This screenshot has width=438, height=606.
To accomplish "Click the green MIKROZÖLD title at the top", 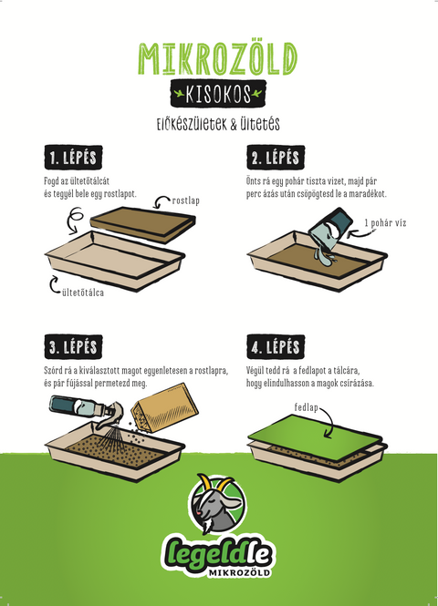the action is click(x=218, y=58).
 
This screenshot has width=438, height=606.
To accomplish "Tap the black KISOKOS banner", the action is click(x=218, y=94).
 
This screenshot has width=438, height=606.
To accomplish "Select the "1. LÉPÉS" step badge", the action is click(x=73, y=158).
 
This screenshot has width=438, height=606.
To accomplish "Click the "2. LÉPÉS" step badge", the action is click(x=276, y=158).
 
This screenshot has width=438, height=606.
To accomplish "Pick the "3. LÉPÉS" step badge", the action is click(x=73, y=346).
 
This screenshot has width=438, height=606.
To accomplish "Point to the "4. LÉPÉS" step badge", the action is click(x=276, y=346).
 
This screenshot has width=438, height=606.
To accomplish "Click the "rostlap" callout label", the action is click(x=186, y=201).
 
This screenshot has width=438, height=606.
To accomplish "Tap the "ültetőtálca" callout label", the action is click(x=83, y=293).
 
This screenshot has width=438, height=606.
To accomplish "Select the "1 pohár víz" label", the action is click(x=385, y=223).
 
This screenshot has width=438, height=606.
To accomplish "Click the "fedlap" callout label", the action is click(x=306, y=407).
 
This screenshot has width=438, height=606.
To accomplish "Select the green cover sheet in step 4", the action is click(x=315, y=437).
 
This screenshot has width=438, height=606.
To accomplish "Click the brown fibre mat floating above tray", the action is click(x=142, y=224).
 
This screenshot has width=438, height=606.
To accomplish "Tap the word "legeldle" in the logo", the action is click(x=217, y=555).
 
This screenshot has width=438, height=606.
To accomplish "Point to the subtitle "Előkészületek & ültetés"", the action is click(x=218, y=125).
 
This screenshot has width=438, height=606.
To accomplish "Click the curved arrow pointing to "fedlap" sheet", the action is click(x=327, y=422).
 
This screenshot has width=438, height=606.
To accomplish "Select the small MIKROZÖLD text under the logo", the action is click(x=239, y=572).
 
